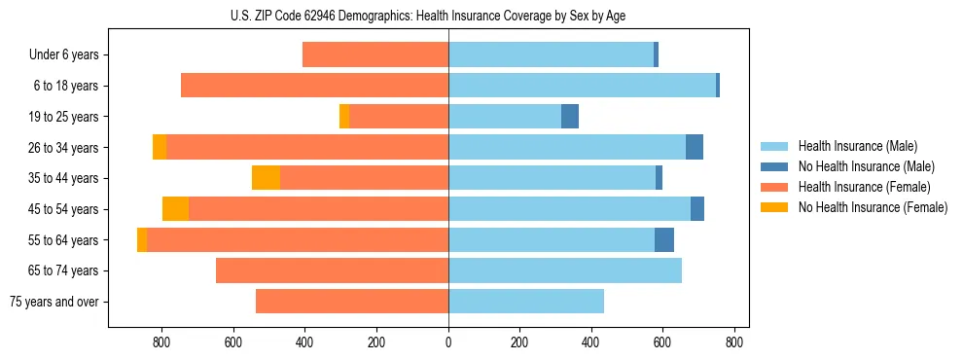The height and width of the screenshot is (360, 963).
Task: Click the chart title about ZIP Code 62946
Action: pyautogui.click(x=428, y=16)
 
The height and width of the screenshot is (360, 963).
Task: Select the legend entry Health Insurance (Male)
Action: pyautogui.click(x=857, y=146)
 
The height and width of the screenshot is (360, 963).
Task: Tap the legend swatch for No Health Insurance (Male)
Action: pyautogui.click(x=774, y=166)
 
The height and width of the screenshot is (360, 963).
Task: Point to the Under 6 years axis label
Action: pyautogui.click(x=63, y=55)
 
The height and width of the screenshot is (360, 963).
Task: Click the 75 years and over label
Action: pyautogui.click(x=53, y=302)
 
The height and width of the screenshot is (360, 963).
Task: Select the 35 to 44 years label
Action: pyautogui.click(x=63, y=178)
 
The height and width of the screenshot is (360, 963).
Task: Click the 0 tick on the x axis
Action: pyautogui.click(x=448, y=342)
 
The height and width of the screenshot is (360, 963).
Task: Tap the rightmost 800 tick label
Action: pyautogui.click(x=734, y=342)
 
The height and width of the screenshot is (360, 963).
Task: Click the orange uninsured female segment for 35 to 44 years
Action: pyautogui.click(x=266, y=178)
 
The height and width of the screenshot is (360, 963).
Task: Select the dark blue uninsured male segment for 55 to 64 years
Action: pyautogui.click(x=664, y=239)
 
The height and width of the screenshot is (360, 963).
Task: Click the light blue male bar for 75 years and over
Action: pyautogui.click(x=526, y=302)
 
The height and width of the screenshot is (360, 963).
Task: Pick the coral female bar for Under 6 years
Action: pyautogui.click(x=375, y=55)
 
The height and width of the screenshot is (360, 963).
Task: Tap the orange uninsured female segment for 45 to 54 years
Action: pyautogui.click(x=175, y=209)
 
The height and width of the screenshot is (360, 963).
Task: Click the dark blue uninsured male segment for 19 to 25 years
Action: pyautogui.click(x=570, y=117)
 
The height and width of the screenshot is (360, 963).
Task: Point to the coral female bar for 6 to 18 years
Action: pyautogui.click(x=314, y=86)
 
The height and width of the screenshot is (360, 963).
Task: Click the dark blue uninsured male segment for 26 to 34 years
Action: pyautogui.click(x=695, y=147)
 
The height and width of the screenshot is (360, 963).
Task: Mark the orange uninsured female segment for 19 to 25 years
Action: pyautogui.click(x=344, y=117)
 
